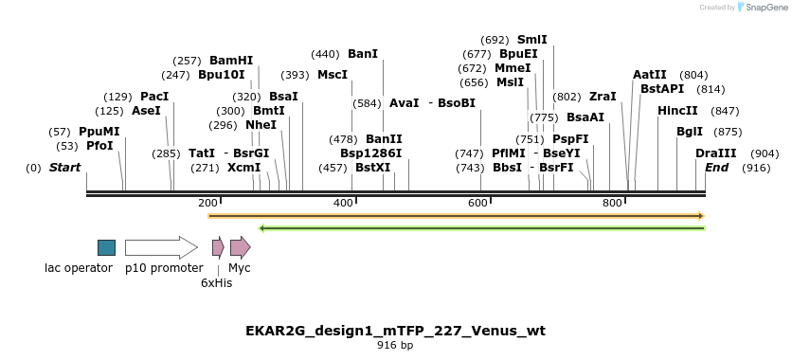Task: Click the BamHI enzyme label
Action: click(231, 60)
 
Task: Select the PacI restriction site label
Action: click(154, 97)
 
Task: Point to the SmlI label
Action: click(531, 40)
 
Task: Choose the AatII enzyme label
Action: click(650, 75)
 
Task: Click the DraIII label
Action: click(715, 153)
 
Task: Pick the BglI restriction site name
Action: click(690, 132)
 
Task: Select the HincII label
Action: click(677, 111)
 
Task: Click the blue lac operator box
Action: click(106, 247)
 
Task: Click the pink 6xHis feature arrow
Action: click(218, 247)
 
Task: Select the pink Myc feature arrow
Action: click(240, 247)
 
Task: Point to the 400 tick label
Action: click(343, 203)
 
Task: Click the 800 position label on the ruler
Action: click(612, 203)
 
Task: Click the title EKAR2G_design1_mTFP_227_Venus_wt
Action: click(395, 331)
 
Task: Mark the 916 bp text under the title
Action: click(395, 346)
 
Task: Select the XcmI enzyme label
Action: click(243, 168)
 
